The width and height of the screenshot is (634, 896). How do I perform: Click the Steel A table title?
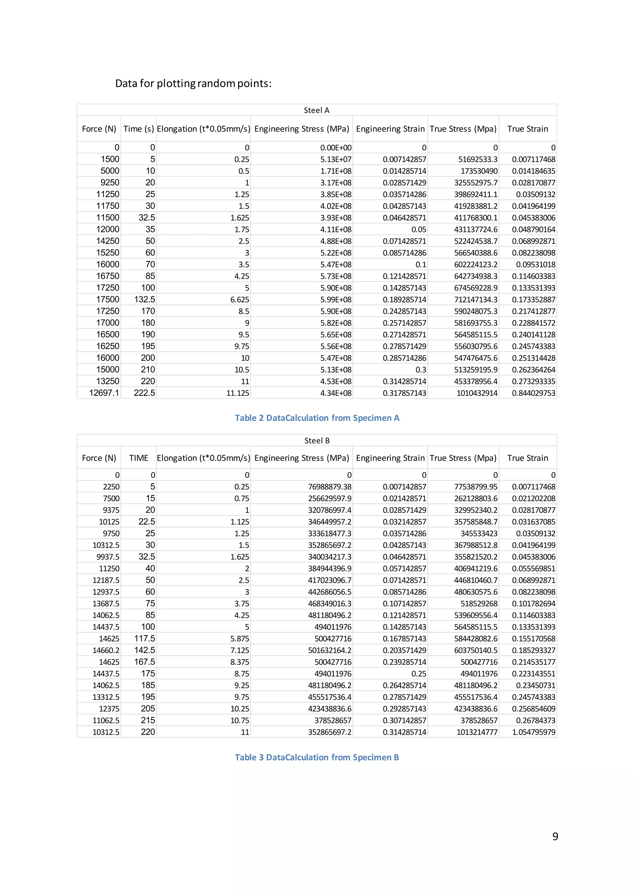(x=317, y=110)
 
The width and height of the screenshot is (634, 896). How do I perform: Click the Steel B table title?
(x=317, y=441)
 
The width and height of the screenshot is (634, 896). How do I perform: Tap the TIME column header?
(x=139, y=458)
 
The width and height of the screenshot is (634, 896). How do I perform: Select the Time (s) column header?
(x=139, y=129)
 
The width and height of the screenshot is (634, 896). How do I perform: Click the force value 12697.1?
(x=104, y=393)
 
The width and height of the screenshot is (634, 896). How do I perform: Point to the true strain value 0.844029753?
(x=533, y=393)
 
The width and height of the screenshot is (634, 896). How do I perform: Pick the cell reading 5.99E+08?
(x=336, y=300)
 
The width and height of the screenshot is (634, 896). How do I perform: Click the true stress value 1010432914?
(x=477, y=393)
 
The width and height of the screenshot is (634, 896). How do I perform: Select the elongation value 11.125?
(x=238, y=393)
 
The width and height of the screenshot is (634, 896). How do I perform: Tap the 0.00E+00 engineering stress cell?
(x=336, y=148)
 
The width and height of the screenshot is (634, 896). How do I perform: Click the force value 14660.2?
(x=106, y=650)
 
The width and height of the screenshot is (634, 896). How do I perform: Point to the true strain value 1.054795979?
(x=533, y=732)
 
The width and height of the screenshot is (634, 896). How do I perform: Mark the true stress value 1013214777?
(x=477, y=732)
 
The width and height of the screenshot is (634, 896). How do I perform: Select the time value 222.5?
(x=145, y=393)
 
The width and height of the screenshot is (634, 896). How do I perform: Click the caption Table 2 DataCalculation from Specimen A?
(x=317, y=418)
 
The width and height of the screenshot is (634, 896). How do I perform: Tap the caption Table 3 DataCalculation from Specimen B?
(x=317, y=757)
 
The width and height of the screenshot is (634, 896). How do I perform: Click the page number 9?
(x=555, y=836)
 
